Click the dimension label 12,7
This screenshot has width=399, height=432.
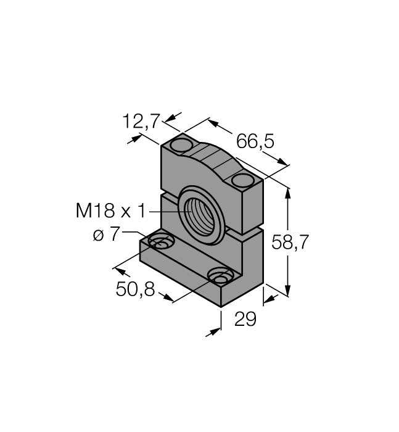(x=141, y=122)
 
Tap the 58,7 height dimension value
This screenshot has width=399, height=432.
(x=290, y=243)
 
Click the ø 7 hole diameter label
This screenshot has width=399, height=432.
(x=107, y=235)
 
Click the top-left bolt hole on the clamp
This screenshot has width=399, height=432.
(x=182, y=145)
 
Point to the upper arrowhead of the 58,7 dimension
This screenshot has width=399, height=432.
(x=289, y=192)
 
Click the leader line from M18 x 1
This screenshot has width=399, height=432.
(x=167, y=212)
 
